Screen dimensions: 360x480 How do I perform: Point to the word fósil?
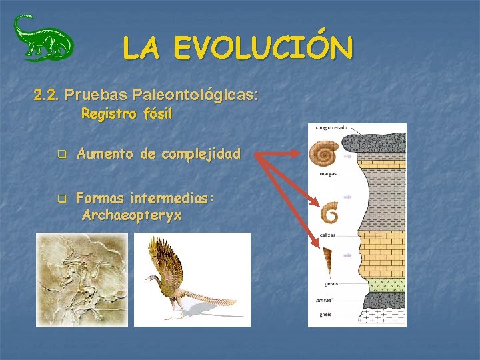click(157, 114)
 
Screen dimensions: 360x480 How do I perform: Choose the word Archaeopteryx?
click(132, 215)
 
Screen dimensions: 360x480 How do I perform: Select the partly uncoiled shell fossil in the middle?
click(329, 213)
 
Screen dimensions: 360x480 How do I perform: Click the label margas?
click(327, 173)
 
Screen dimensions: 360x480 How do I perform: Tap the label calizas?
click(327, 235)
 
